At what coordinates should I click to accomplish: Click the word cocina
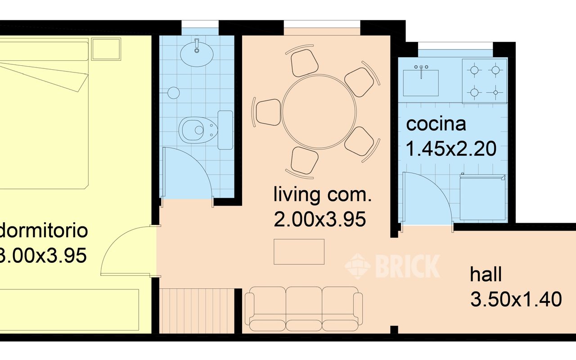pyautogui.click(x=436, y=124)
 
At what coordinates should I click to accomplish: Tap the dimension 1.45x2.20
pyautogui.click(x=451, y=148)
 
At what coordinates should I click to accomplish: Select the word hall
pyautogui.click(x=486, y=274)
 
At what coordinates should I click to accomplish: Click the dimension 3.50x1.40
pyautogui.click(x=516, y=299)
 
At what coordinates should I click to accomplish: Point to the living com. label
pyautogui.click(x=323, y=196)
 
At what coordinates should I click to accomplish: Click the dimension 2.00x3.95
pyautogui.click(x=319, y=220)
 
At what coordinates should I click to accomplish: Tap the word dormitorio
pyautogui.click(x=43, y=231)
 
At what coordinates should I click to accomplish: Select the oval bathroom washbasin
pyautogui.click(x=197, y=54)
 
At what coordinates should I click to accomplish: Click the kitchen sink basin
pyautogui.click(x=421, y=82)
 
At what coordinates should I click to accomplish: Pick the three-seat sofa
pyautogui.click(x=303, y=306)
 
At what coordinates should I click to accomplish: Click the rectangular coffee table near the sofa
pyautogui.click(x=299, y=252)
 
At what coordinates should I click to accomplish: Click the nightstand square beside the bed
pyautogui.click(x=106, y=49)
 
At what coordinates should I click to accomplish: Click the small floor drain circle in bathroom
pyautogui.click(x=174, y=93)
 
